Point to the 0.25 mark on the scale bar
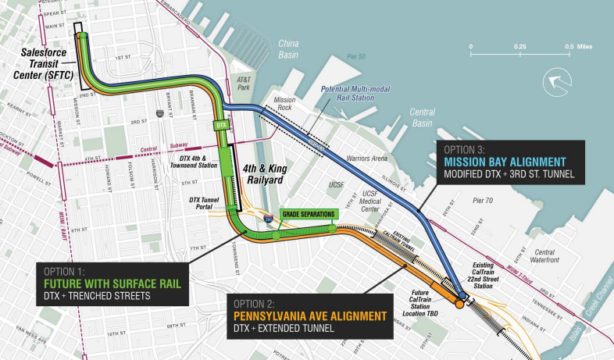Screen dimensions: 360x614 [519, 47]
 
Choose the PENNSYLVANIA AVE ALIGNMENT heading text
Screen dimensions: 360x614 [309, 316]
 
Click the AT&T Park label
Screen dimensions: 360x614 [246, 84]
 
